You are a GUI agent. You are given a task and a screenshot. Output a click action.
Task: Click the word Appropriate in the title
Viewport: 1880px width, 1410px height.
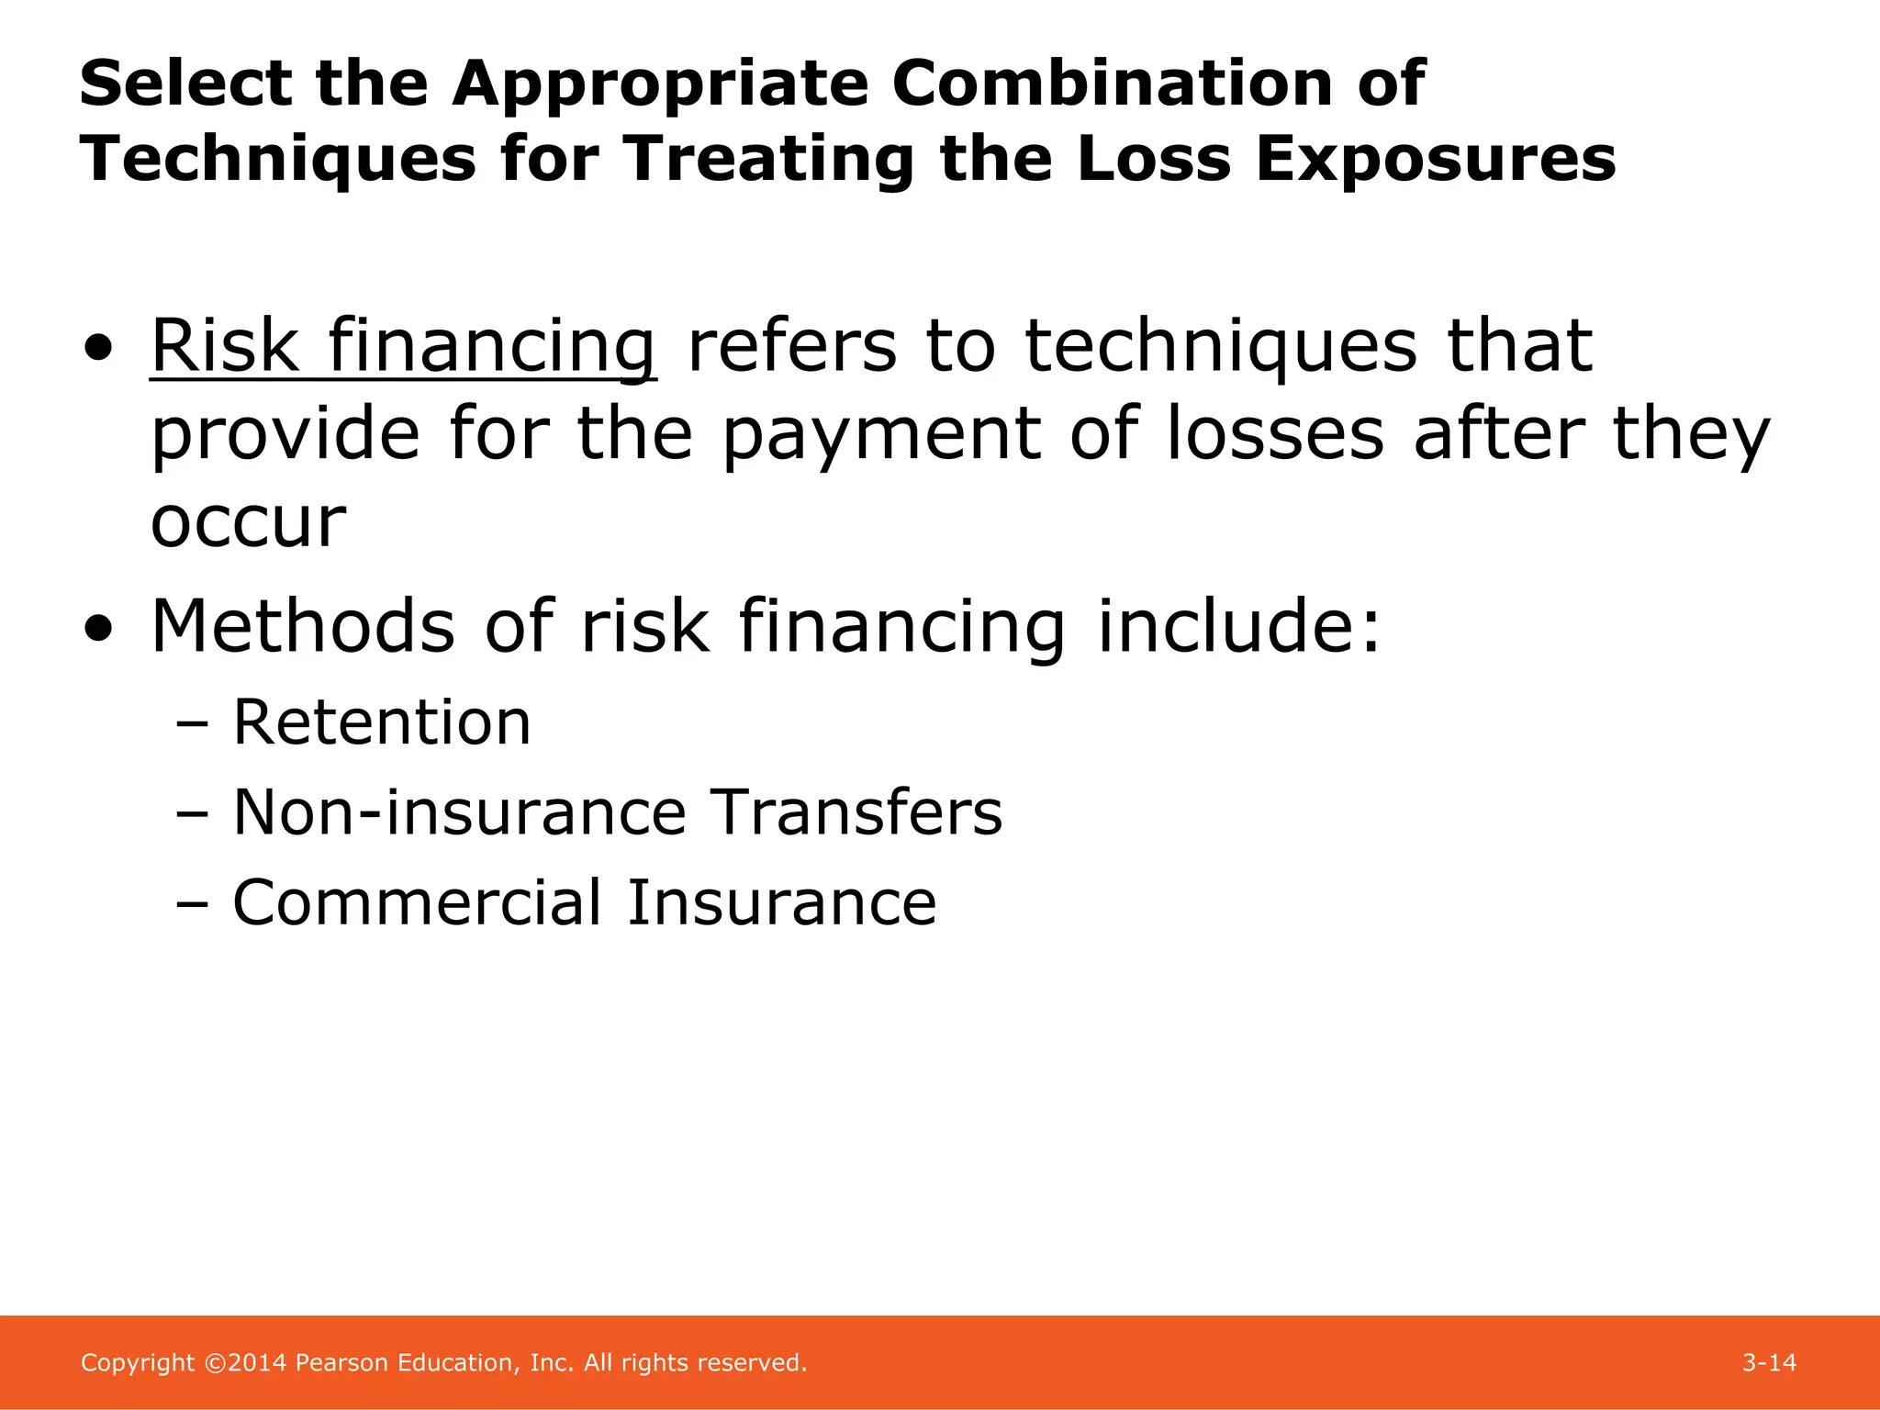(x=659, y=84)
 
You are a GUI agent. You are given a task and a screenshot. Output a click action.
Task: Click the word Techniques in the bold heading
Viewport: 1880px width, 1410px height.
(x=277, y=159)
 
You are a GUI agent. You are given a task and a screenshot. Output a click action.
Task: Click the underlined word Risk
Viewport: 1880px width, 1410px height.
(x=225, y=346)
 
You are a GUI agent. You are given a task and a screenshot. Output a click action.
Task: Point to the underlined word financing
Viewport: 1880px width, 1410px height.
(x=492, y=346)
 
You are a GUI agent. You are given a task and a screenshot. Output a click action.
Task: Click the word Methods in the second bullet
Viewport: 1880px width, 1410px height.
(x=303, y=626)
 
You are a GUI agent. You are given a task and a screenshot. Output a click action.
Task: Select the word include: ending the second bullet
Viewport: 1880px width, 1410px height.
(x=1239, y=626)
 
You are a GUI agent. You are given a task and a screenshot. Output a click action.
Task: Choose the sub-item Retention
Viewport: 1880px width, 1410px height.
(x=382, y=722)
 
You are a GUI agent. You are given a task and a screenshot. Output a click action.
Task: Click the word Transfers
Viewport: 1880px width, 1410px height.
(x=857, y=812)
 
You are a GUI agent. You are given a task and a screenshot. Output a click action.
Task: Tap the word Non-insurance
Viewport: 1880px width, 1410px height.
(x=459, y=812)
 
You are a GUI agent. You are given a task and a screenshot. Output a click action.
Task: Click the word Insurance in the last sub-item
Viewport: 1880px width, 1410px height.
(x=781, y=902)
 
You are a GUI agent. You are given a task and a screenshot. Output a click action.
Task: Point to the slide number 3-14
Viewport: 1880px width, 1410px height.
(x=1769, y=1363)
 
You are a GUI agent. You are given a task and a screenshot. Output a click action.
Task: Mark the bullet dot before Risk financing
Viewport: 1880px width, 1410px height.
(x=98, y=348)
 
